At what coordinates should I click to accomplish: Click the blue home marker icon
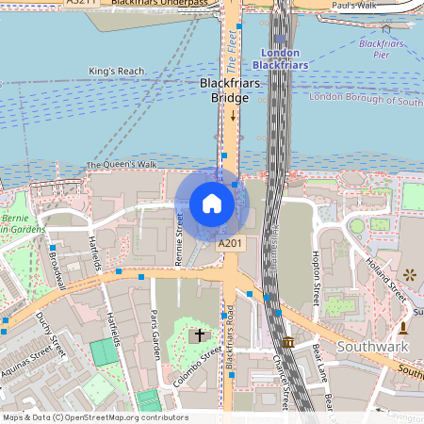(212, 204)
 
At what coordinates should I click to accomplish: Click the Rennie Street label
(180, 239)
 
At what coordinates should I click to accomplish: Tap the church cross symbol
(199, 334)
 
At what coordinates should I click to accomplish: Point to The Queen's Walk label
(122, 165)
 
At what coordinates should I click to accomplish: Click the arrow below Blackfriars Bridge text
(233, 116)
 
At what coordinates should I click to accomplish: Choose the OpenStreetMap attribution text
(94, 417)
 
